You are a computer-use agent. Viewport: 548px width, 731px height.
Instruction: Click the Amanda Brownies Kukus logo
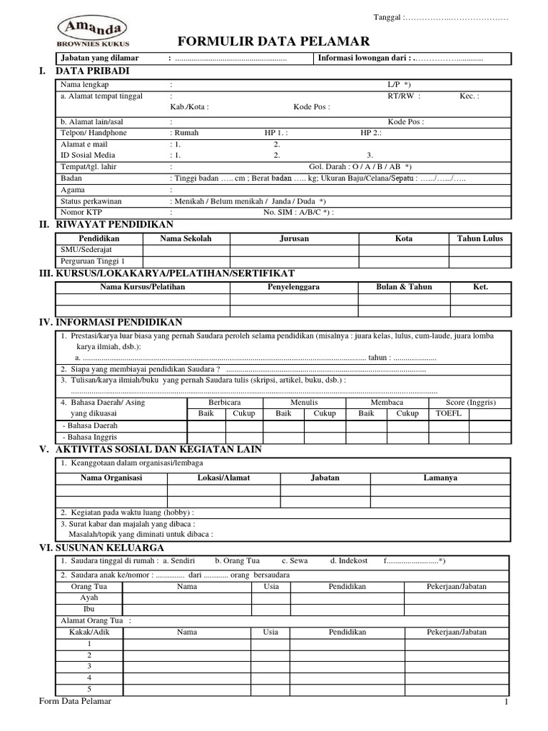(x=93, y=32)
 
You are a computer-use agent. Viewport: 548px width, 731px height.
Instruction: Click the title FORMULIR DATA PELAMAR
(x=273, y=41)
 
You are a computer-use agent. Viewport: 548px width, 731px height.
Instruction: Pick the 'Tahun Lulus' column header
(x=479, y=238)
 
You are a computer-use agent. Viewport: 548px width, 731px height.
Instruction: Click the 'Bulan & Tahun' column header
(x=404, y=286)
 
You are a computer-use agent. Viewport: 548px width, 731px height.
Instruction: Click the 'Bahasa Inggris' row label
(x=90, y=437)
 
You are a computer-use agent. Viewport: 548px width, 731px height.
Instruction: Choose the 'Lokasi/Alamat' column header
(x=223, y=478)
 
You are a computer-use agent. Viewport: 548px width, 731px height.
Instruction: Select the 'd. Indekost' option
(x=349, y=561)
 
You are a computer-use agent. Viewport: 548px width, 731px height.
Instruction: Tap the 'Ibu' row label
(x=89, y=609)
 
